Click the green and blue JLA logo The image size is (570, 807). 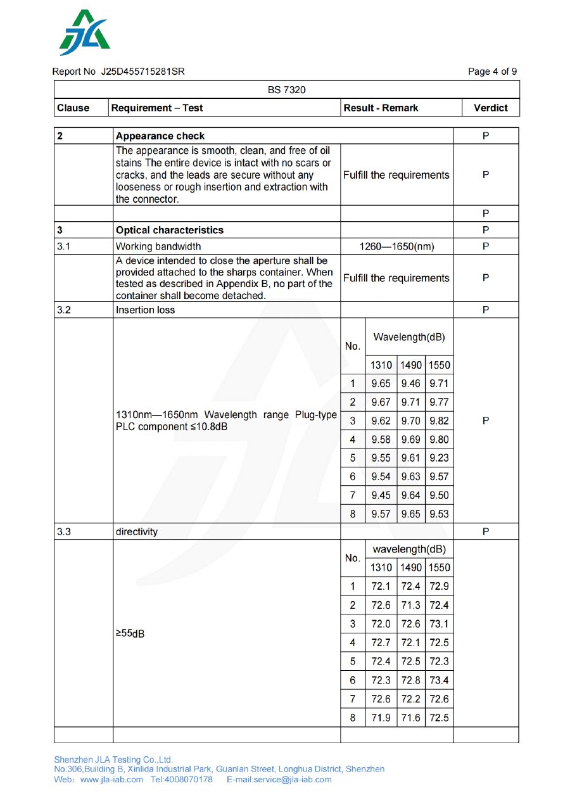click(84, 33)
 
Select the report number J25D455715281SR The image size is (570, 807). click(142, 72)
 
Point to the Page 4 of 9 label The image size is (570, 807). click(492, 72)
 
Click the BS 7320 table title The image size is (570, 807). click(286, 89)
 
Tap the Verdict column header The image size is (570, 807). click(490, 108)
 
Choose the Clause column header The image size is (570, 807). click(73, 108)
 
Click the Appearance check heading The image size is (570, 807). click(160, 136)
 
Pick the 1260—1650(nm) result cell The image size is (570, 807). click(396, 246)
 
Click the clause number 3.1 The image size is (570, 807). click(63, 246)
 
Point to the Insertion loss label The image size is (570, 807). click(145, 310)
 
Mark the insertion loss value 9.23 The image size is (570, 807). click(439, 458)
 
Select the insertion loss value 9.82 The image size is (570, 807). click(439, 421)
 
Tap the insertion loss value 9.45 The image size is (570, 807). click(381, 495)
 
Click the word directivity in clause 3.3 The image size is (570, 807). click(137, 532)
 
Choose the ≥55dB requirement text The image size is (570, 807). click(130, 633)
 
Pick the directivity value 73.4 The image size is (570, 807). click(439, 681)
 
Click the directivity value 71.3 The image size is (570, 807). click(410, 605)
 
